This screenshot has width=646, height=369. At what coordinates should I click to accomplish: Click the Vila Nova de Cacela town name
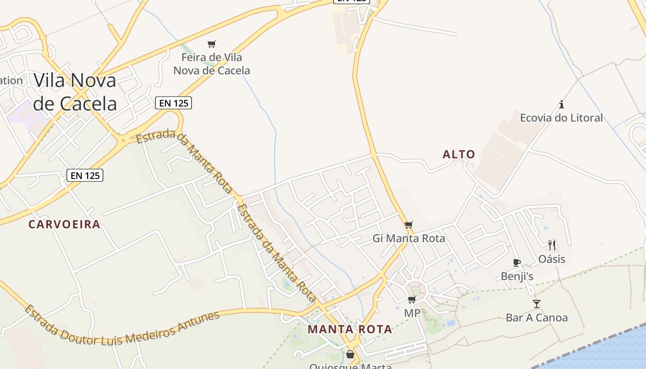click(x=75, y=92)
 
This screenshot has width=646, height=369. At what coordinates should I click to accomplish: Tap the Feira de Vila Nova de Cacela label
click(x=211, y=64)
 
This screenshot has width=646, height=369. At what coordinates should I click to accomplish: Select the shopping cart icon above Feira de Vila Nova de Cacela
click(x=211, y=44)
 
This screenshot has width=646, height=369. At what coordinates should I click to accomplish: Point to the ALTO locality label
click(x=459, y=155)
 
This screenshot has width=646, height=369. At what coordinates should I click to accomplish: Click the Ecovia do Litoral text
click(x=561, y=118)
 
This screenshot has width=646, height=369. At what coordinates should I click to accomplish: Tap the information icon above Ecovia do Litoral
click(x=562, y=104)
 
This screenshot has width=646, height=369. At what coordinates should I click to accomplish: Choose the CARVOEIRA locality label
click(x=64, y=225)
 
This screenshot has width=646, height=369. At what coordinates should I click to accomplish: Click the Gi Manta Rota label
click(x=409, y=238)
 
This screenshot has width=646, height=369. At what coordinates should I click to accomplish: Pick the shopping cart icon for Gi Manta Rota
click(x=409, y=225)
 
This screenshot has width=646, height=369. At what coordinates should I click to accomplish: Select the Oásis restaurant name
click(x=552, y=259)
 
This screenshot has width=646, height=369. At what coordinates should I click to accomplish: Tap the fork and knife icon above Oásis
click(x=552, y=245)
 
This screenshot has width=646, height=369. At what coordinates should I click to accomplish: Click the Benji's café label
click(x=517, y=277)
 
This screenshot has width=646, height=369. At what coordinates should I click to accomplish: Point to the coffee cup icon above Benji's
click(x=517, y=263)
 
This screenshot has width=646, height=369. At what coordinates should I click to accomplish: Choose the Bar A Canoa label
click(x=537, y=318)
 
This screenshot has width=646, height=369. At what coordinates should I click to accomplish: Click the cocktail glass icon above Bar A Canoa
click(x=536, y=304)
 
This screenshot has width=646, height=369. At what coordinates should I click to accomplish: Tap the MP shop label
click(x=412, y=314)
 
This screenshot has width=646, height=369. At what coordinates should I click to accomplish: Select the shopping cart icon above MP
click(x=412, y=300)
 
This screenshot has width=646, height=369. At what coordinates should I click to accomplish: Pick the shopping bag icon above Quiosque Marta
click(x=350, y=354)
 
